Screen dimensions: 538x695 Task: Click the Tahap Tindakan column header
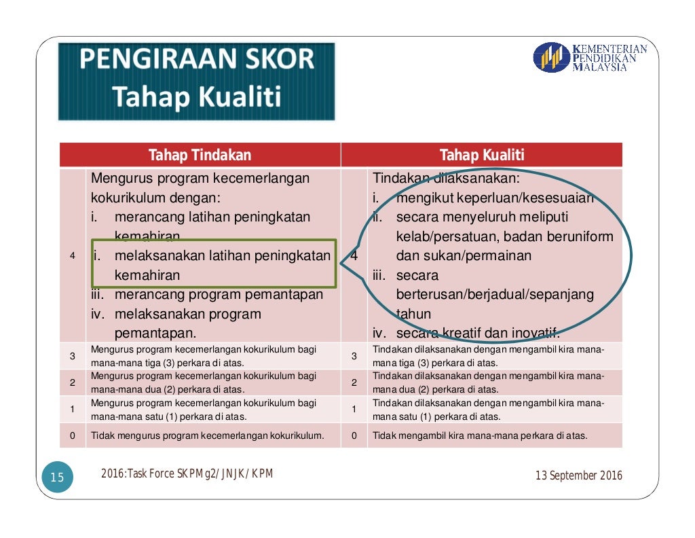[x=200, y=156]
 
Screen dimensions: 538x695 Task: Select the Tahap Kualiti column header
[x=481, y=156]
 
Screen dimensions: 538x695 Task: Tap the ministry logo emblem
[x=551, y=58]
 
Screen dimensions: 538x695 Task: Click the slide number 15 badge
[x=57, y=478]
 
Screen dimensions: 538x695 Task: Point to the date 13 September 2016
[x=578, y=476]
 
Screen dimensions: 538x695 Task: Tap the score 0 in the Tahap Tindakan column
[x=72, y=435]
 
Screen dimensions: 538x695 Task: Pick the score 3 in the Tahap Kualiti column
[x=354, y=356]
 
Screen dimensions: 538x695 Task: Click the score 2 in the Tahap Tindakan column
[x=72, y=382]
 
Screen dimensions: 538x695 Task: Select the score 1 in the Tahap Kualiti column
[x=354, y=410]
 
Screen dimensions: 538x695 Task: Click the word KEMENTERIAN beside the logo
[x=610, y=48]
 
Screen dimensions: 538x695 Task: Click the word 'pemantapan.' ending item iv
[x=155, y=334]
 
